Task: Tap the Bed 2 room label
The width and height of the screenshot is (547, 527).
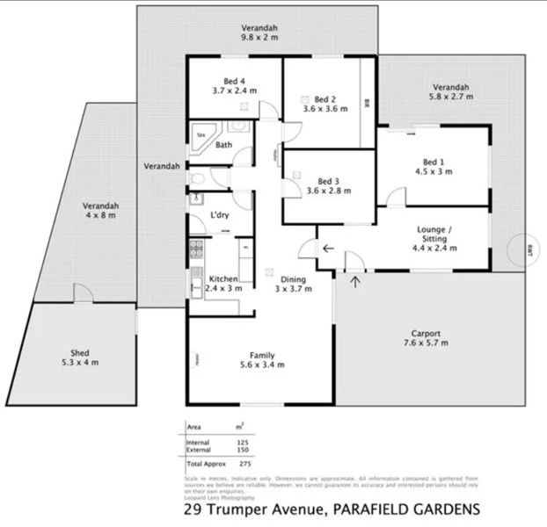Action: coord(325,99)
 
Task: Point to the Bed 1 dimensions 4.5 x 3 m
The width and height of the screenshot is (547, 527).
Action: coord(434,171)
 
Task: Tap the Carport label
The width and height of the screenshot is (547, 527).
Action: coord(425,334)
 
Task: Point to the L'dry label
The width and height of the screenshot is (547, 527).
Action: coord(220,215)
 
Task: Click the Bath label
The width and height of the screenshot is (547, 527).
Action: coord(223,145)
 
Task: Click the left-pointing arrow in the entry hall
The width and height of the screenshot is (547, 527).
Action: coord(327,249)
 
